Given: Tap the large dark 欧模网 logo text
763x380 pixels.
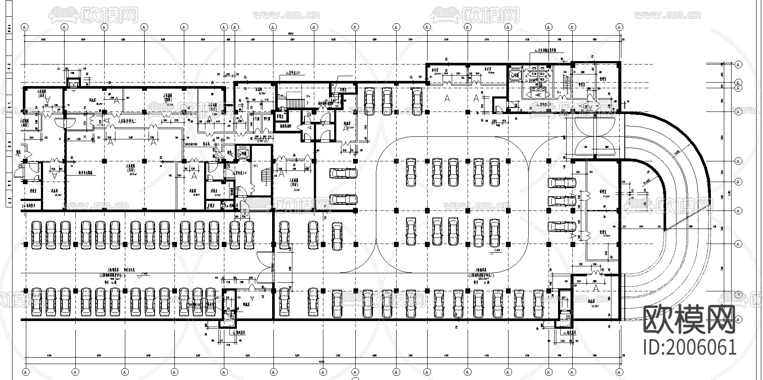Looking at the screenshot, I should pos(689,321).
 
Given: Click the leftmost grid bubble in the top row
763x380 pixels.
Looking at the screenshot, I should pos(25,27).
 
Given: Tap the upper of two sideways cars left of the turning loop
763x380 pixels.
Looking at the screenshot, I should pos(343,173).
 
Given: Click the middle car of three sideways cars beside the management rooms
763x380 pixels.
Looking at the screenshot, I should pos(562,200).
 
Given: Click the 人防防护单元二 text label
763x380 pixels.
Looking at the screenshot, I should pos(127,122).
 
